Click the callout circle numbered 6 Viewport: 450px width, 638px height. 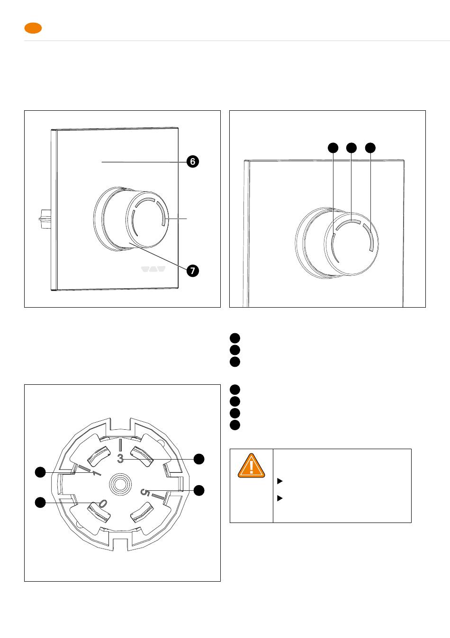[x=193, y=161]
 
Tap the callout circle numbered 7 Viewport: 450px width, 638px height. [x=193, y=270]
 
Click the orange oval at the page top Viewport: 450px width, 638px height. [x=33, y=28]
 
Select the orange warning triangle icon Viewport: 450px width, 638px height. [x=252, y=466]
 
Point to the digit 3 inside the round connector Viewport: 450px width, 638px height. [x=120, y=459]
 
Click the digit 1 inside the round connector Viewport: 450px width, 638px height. [x=96, y=473]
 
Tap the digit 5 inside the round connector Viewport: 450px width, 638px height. [x=145, y=492]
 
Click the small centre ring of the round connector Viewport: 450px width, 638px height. [x=120, y=485]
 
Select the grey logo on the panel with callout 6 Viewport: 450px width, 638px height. [x=153, y=269]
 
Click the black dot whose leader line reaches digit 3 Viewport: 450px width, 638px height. [x=199, y=459]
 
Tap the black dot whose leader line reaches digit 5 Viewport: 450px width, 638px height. [x=199, y=490]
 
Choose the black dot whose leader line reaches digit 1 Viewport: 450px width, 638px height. [x=40, y=472]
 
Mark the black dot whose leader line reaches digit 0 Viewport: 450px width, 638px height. [x=40, y=503]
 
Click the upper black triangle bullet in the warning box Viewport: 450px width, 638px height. [x=280, y=481]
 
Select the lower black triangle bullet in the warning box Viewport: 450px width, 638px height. [x=280, y=498]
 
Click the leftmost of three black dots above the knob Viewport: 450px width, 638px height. [x=333, y=148]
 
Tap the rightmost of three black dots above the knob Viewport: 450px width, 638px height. [x=370, y=148]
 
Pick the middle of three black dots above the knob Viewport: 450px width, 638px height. [x=351, y=148]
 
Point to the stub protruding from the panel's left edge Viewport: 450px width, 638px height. [x=45, y=219]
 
